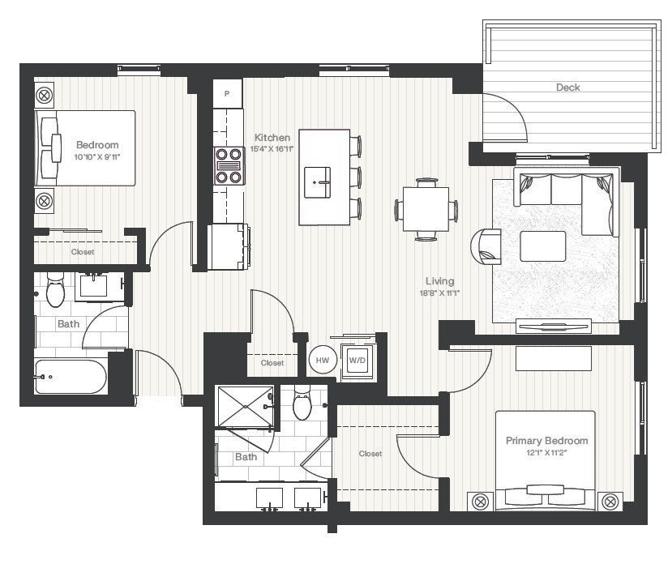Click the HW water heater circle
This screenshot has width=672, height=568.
[323, 360]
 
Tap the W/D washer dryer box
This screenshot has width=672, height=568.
[357, 361]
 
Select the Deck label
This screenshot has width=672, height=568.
[568, 88]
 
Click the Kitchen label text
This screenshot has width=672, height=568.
[272, 138]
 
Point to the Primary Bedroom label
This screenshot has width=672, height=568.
[547, 440]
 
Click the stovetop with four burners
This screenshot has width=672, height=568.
[229, 166]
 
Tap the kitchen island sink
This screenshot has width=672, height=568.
[317, 182]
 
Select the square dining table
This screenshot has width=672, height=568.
[426, 209]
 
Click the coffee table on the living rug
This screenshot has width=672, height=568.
[542, 246]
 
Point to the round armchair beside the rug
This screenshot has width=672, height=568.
[485, 246]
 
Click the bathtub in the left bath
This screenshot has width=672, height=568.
[71, 377]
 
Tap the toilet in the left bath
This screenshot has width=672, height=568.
[55, 289]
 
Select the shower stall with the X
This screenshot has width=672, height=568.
[246, 407]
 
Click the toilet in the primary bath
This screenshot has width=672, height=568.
[302, 402]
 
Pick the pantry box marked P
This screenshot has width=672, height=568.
[227, 93]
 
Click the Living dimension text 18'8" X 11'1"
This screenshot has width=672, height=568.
[439, 293]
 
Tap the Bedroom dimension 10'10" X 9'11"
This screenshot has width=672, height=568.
[96, 156]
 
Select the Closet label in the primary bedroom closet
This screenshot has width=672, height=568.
[370, 454]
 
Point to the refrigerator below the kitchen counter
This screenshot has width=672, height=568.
[228, 247]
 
